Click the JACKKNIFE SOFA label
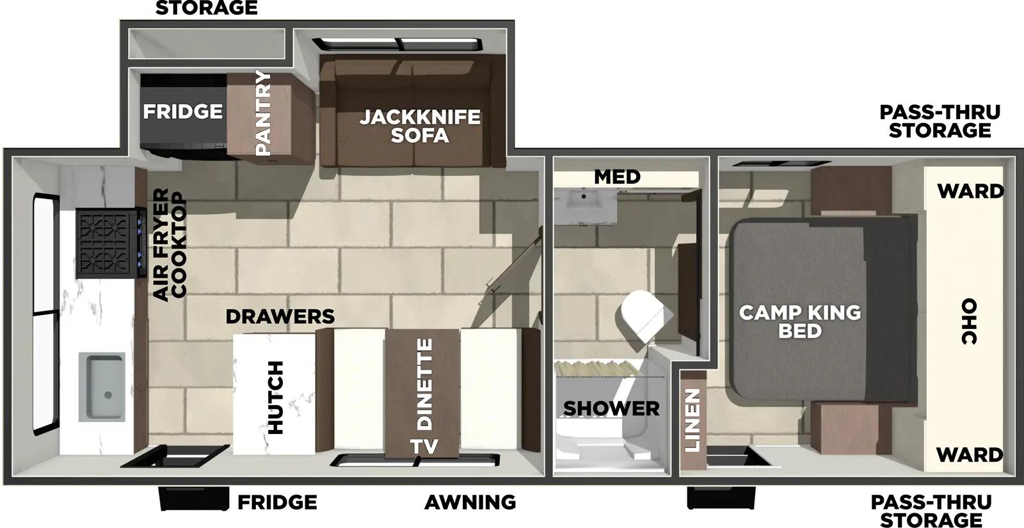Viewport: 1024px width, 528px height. [419, 126]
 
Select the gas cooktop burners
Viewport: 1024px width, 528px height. [106, 243]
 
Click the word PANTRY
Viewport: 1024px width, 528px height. [263, 113]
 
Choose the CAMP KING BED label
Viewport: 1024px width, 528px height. [800, 321]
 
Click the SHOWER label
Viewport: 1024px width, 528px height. [611, 408]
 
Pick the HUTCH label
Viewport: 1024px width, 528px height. [275, 397]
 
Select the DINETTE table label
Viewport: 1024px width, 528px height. [424, 384]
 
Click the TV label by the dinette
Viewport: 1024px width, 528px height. [424, 446]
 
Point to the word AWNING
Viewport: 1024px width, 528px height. [470, 502]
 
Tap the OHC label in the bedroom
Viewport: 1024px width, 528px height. [969, 321]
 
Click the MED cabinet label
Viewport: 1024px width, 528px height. [617, 177]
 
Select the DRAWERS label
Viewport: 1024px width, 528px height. [280, 316]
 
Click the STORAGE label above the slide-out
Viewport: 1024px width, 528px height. [206, 8]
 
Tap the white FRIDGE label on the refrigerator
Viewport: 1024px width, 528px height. [182, 111]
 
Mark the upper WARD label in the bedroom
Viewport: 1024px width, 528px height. [970, 191]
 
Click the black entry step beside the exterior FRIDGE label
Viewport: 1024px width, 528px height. [193, 499]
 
